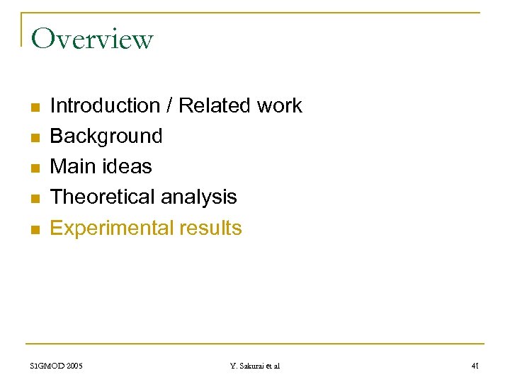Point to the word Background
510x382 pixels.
click(x=106, y=136)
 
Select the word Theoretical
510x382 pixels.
click(x=103, y=197)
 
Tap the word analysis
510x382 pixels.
click(x=199, y=197)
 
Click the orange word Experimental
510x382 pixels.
click(x=103, y=228)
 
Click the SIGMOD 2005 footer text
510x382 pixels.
click(x=57, y=366)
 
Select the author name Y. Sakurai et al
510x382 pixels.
click(x=255, y=366)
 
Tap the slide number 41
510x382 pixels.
click(x=475, y=366)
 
